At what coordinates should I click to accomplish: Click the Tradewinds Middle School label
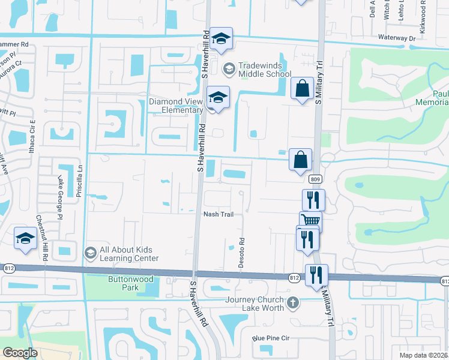click(264, 70)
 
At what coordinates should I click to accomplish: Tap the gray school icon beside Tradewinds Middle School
click(229, 70)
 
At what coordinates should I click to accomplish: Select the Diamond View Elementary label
click(176, 106)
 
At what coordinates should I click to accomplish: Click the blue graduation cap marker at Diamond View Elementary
click(218, 97)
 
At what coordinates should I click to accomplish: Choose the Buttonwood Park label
click(130, 283)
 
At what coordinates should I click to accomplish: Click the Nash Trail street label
click(218, 214)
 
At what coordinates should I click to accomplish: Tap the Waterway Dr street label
click(396, 38)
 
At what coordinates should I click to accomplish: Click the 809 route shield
click(315, 179)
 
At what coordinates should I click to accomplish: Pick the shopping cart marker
click(310, 221)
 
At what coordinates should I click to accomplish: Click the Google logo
click(20, 353)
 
